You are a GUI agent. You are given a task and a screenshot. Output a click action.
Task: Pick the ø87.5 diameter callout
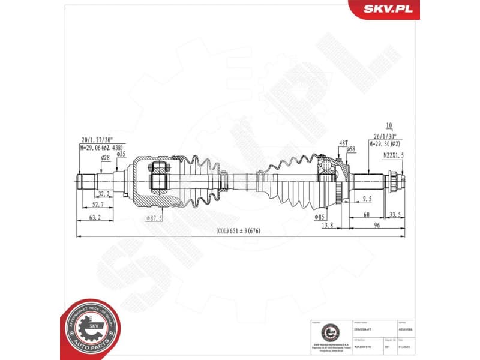(x=154, y=218)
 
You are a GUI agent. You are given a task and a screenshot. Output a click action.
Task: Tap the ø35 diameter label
(x=121, y=154)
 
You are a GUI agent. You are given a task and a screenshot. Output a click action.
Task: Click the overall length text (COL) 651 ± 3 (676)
(x=239, y=231)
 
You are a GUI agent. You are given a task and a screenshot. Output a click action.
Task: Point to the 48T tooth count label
(x=343, y=142)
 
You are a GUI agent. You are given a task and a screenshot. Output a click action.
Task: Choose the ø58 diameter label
(x=350, y=149)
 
